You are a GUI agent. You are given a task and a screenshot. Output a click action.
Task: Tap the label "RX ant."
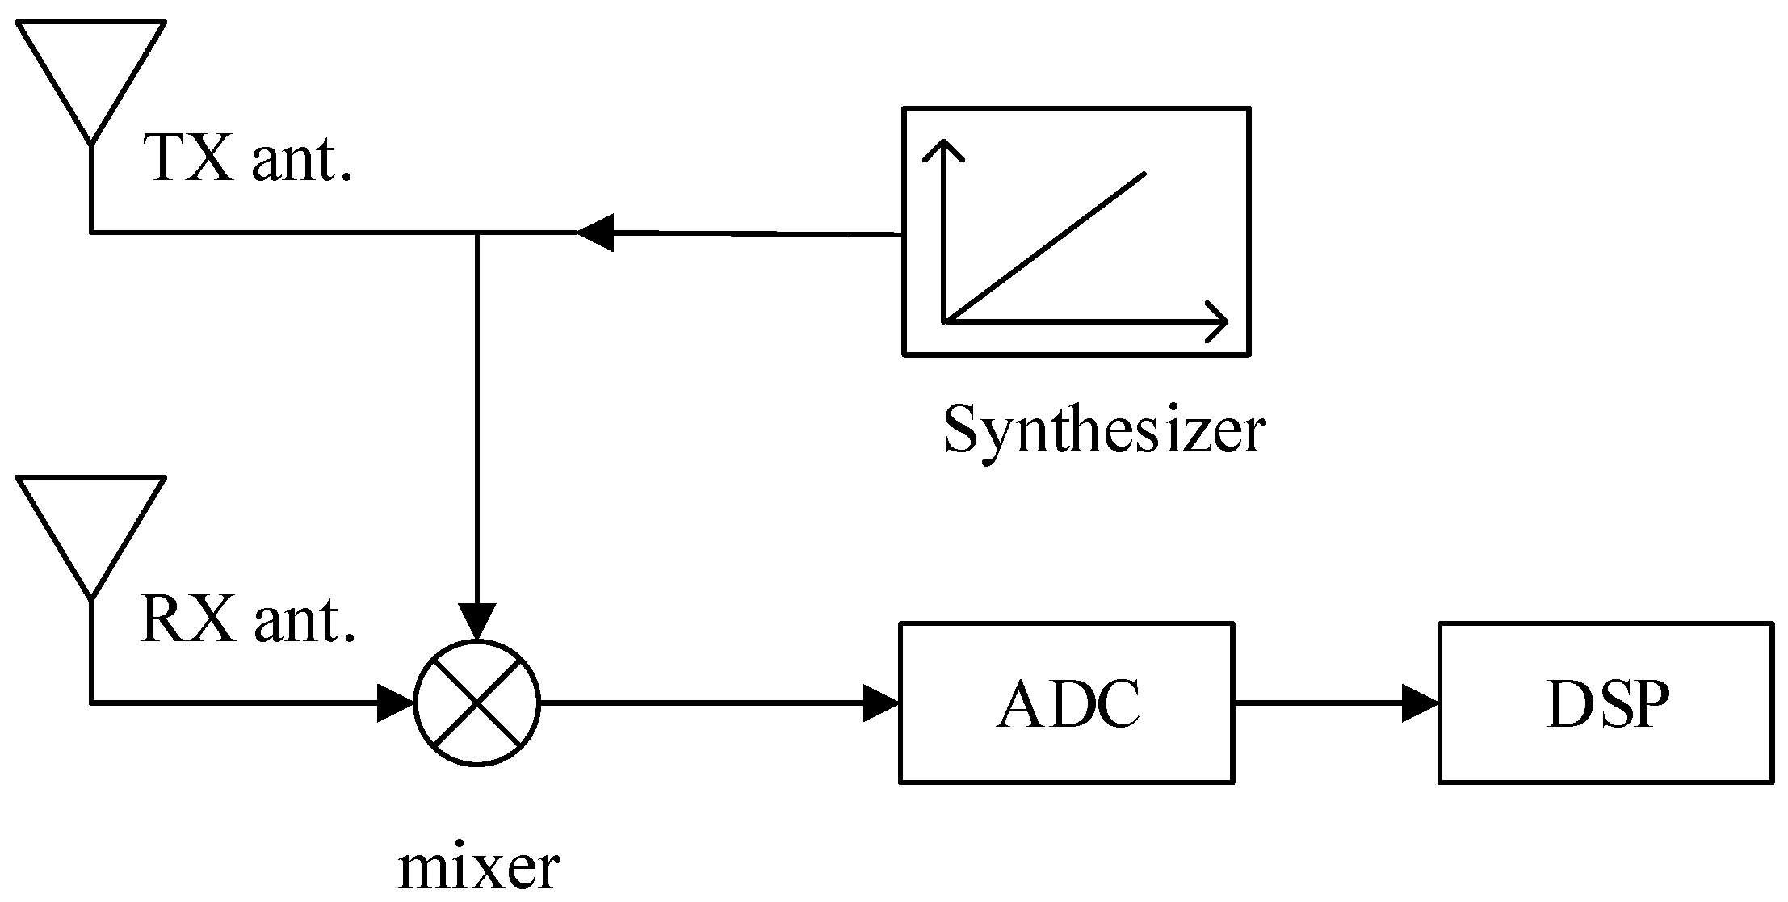pyautogui.click(x=248, y=620)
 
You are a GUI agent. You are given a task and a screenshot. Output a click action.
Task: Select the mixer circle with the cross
pyautogui.click(x=476, y=703)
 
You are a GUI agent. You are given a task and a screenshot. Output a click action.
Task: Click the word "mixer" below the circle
pyautogui.click(x=479, y=868)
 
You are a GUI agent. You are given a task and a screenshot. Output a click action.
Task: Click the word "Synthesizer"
pyautogui.click(x=1104, y=430)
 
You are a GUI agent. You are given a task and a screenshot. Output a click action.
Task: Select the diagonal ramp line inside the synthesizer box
pyautogui.click(x=1044, y=248)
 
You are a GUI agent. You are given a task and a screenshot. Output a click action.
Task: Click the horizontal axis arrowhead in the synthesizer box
pyautogui.click(x=1218, y=321)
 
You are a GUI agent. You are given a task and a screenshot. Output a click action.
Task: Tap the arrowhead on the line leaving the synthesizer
pyautogui.click(x=595, y=233)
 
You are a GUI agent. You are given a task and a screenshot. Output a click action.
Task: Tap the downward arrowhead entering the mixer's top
pyautogui.click(x=477, y=622)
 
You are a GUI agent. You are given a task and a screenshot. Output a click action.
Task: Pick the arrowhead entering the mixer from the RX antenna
pyautogui.click(x=396, y=703)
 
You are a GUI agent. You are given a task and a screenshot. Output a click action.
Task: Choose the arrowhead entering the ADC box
pyautogui.click(x=880, y=703)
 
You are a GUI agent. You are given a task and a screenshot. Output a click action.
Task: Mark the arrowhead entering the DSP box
pyautogui.click(x=1420, y=703)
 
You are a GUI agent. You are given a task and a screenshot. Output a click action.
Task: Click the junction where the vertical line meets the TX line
pyautogui.click(x=477, y=233)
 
